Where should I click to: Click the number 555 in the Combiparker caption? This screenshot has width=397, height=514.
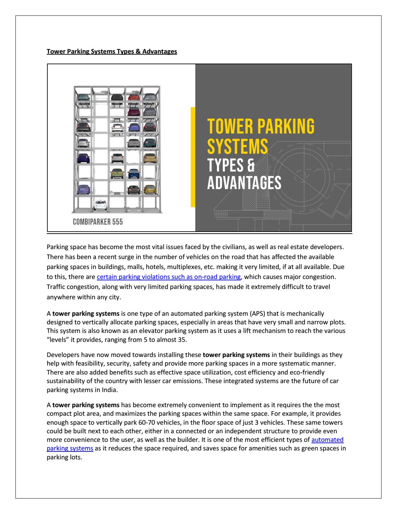coord(117,222)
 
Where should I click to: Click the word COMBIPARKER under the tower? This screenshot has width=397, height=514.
coord(91,222)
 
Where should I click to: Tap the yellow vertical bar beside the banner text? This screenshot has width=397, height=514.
coord(193,157)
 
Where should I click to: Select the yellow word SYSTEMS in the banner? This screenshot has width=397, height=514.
coord(237,146)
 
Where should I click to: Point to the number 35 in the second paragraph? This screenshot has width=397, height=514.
coord(182,339)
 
